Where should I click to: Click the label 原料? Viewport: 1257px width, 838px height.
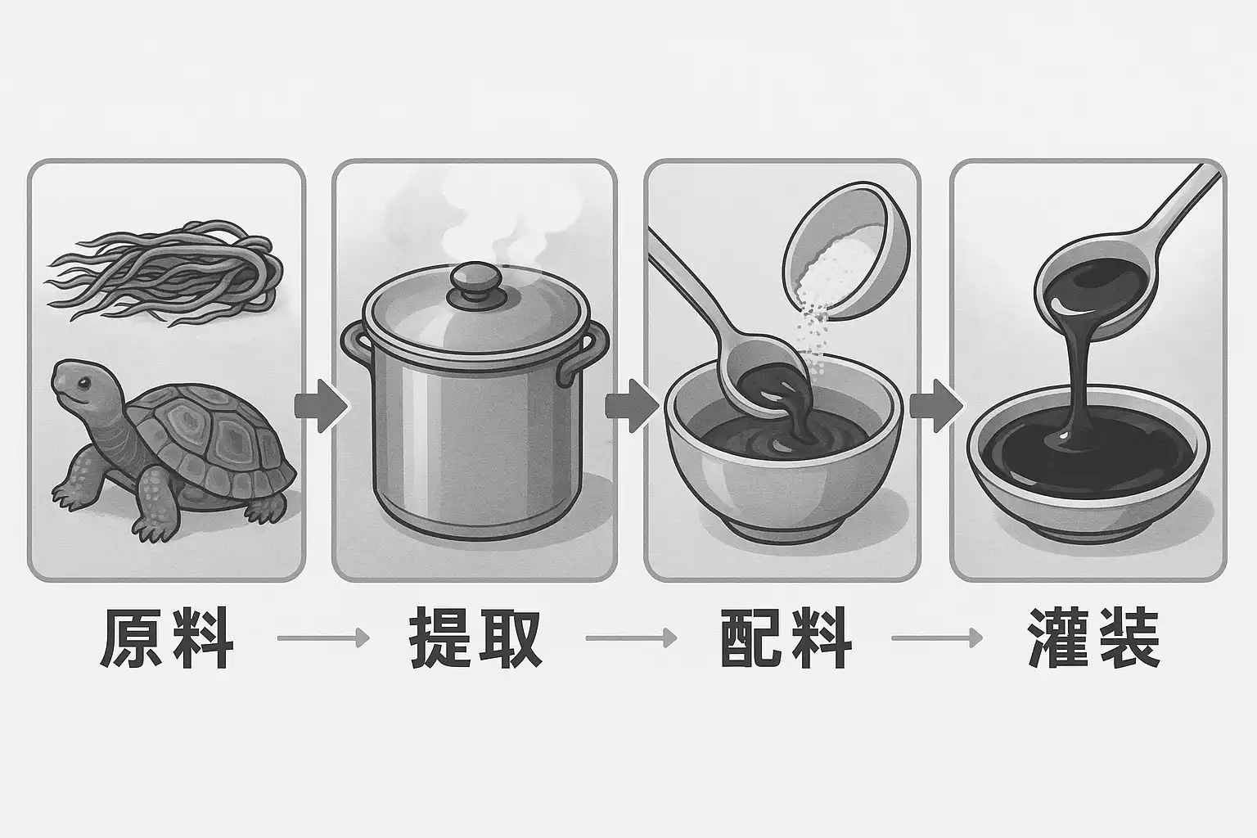[x=167, y=638]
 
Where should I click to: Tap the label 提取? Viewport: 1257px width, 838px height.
[x=475, y=638]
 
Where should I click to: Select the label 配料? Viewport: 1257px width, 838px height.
[x=786, y=638]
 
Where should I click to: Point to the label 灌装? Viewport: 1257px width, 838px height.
[x=1093, y=638]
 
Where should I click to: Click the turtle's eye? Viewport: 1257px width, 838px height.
[x=84, y=383]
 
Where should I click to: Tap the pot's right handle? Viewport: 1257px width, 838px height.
[x=587, y=354]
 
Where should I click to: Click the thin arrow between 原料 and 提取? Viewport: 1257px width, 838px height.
[x=323, y=638]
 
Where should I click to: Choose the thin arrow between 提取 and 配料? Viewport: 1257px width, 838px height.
[x=631, y=638]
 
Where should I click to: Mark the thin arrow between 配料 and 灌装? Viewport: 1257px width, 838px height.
[x=936, y=638]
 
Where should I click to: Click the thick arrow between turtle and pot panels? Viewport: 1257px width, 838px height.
[x=321, y=406]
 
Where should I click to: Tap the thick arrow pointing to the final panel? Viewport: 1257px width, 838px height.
[x=935, y=406]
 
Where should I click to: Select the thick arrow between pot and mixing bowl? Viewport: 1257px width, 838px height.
[x=631, y=406]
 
